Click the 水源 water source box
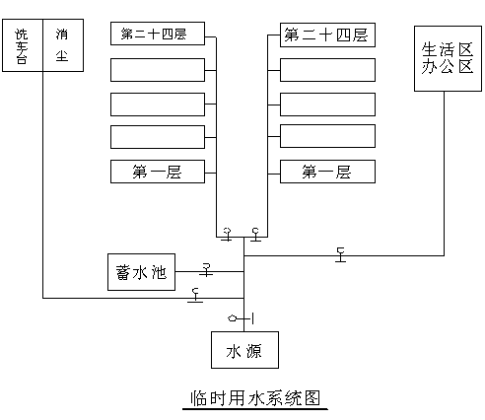(244, 350)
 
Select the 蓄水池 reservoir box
(141, 272)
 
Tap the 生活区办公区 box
(448, 58)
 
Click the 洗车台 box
(23, 45)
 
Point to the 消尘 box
(63, 45)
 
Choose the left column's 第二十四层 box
(158, 34)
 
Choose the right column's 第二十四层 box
(327, 35)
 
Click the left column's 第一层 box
(158, 172)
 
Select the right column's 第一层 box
(327, 172)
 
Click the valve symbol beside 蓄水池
(206, 269)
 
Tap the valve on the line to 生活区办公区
(341, 254)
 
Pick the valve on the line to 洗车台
(195, 295)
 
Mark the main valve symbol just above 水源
(241, 318)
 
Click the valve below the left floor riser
(227, 234)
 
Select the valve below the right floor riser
(255, 235)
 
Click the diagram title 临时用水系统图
(255, 398)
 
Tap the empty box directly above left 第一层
(158, 137)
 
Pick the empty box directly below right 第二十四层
(327, 70)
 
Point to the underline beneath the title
(255, 409)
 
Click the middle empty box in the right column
(327, 105)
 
